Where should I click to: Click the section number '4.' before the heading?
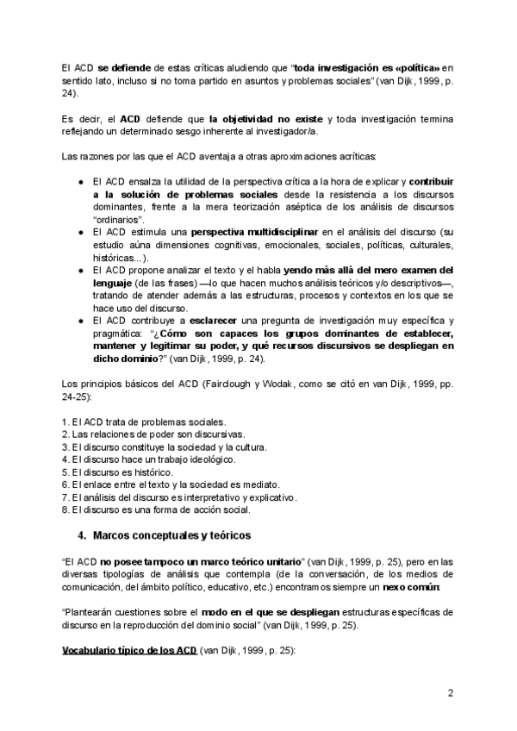[83, 534]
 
